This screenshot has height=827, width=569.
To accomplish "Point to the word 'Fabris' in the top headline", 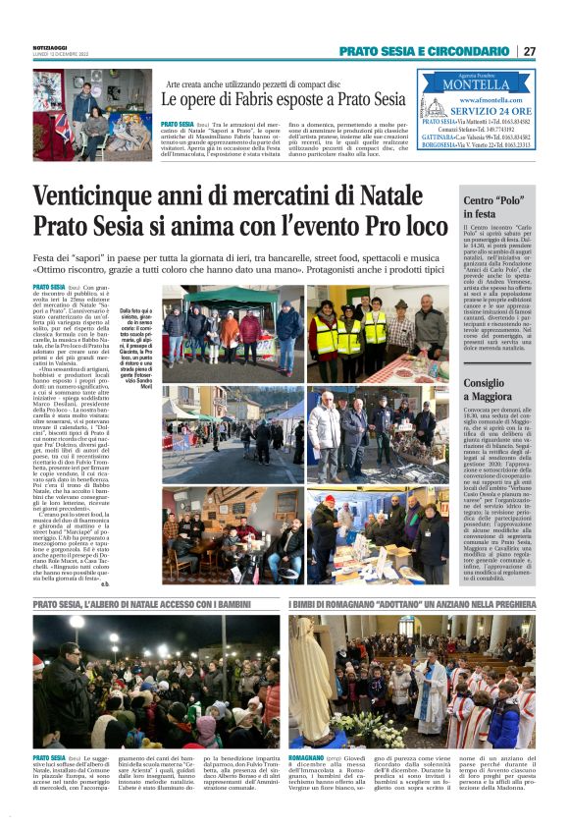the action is tap(262, 99).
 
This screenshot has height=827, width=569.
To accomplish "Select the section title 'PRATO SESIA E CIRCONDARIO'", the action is tap(424, 51).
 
